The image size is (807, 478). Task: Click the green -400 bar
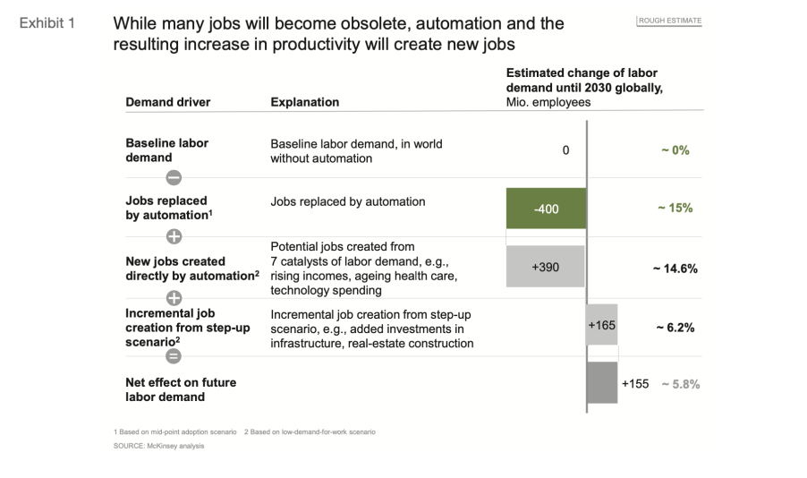[546, 209]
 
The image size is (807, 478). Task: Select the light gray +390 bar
[546, 267]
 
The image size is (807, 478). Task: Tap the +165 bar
[602, 326]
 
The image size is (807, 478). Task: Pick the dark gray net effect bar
[602, 383]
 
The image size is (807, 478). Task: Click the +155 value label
[635, 383]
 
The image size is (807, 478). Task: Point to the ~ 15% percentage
[675, 208]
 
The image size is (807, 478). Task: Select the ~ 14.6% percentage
[674, 268]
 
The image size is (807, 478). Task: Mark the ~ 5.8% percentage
[680, 384]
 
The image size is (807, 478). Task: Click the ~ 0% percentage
[675, 150]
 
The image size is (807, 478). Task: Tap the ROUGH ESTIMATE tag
[669, 21]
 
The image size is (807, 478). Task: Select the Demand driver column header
[168, 102]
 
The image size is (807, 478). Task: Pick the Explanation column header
[305, 102]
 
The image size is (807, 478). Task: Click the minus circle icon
[174, 177]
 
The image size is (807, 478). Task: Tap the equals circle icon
[174, 356]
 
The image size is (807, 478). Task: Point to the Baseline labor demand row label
[167, 150]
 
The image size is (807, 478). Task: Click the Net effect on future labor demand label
[181, 389]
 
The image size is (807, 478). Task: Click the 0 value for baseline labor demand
[565, 150]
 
